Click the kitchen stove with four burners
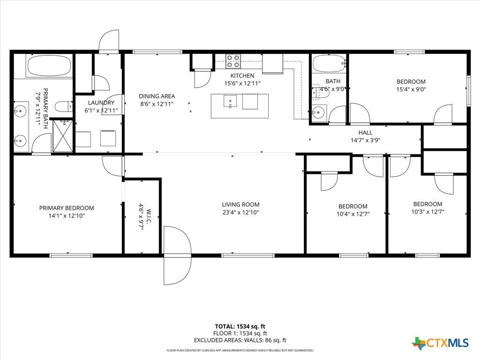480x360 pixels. coord(233,61)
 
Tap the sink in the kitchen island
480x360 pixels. coord(230,101)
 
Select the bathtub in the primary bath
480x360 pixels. coord(49,66)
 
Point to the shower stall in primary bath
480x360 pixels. coord(63,136)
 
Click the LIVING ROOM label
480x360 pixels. coord(240,204)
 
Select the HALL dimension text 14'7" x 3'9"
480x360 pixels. coord(366,140)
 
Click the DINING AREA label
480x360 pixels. coord(157,96)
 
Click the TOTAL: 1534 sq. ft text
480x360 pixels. coord(240,326)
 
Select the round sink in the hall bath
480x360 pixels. coord(319,112)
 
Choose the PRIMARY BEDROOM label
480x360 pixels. coord(67,208)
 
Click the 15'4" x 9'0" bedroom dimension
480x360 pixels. coord(411,90)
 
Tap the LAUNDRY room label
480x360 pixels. coord(101,103)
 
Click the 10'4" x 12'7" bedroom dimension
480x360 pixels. coord(353,214)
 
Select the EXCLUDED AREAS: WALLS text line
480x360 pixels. coord(240,340)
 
